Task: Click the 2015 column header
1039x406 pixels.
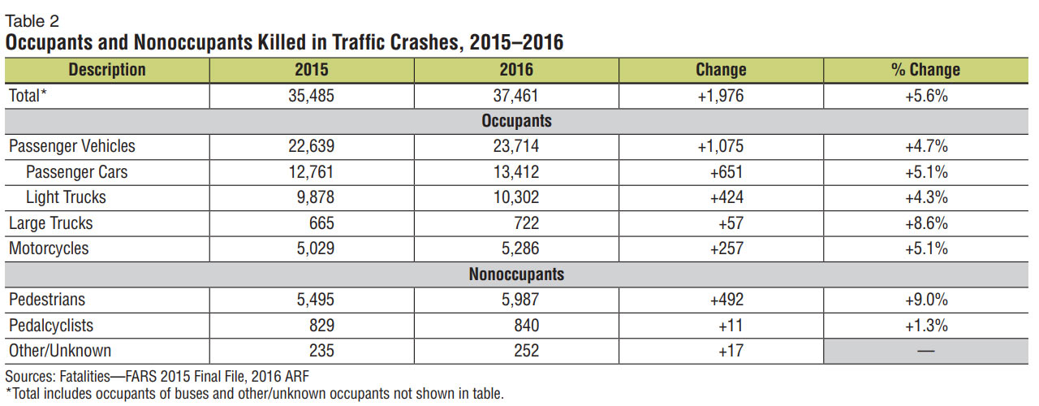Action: tap(312, 70)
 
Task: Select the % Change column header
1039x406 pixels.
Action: tap(925, 70)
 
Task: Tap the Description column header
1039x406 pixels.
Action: tap(107, 70)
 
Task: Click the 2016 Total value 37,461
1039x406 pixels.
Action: tap(516, 96)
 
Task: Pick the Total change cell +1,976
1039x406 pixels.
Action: tap(720, 96)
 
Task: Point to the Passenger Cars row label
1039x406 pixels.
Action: tap(76, 172)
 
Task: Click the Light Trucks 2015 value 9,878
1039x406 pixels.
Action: tap(312, 197)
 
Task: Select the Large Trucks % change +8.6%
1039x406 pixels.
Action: tap(925, 223)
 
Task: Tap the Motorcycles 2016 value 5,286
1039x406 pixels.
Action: tap(516, 248)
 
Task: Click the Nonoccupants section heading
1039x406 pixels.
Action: tap(516, 274)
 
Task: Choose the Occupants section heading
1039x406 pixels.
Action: tap(516, 121)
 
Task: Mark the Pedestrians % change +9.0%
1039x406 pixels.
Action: tap(925, 300)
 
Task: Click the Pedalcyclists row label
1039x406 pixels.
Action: tap(50, 326)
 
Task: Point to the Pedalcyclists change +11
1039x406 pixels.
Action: tap(720, 326)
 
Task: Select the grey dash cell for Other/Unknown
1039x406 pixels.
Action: tap(925, 351)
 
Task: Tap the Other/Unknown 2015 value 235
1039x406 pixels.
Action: tap(312, 351)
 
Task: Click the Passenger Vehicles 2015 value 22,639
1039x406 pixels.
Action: tap(312, 147)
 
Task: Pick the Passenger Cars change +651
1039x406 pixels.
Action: tap(720, 172)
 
